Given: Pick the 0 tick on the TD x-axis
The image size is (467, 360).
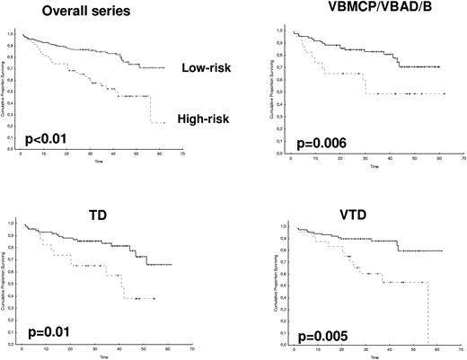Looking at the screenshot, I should [x=22, y=348].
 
